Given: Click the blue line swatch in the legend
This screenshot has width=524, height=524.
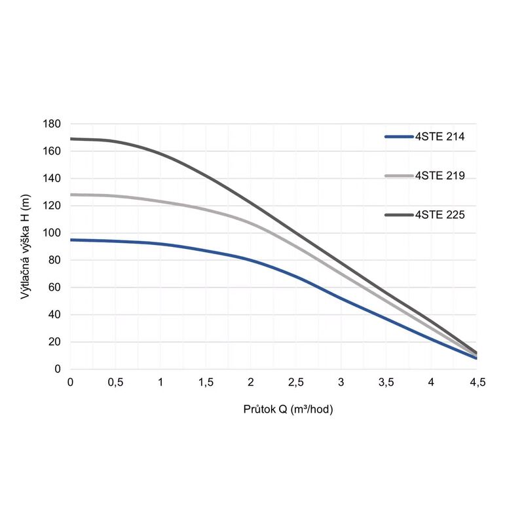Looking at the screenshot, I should pyautogui.click(x=398, y=137).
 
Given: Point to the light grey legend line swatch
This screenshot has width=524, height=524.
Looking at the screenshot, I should pyautogui.click(x=398, y=176).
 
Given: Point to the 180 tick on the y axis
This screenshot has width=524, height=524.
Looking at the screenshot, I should pyautogui.click(x=52, y=124).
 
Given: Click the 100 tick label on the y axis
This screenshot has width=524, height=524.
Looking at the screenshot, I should pyautogui.click(x=52, y=233).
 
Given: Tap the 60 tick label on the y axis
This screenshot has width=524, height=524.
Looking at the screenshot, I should pyautogui.click(x=54, y=287).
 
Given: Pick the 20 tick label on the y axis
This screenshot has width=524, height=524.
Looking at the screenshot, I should pyautogui.click(x=54, y=341).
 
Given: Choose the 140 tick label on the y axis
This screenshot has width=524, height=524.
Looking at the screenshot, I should pyautogui.click(x=52, y=178).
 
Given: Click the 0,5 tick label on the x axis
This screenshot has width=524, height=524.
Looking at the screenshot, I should pyautogui.click(x=115, y=383).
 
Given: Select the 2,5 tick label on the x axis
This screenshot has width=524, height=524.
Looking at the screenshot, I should pyautogui.click(x=296, y=383).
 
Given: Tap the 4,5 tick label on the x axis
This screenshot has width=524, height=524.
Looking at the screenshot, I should pyautogui.click(x=476, y=383).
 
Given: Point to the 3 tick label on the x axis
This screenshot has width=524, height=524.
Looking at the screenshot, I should pyautogui.click(x=341, y=383).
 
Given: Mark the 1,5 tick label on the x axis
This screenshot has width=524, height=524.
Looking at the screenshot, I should pyautogui.click(x=206, y=383).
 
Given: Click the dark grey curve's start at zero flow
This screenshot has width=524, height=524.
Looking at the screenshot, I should pyautogui.click(x=71, y=139).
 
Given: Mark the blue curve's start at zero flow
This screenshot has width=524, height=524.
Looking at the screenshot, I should pyautogui.click(x=71, y=240).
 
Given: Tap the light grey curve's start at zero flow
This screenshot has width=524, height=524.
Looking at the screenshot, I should pyautogui.click(x=71, y=195).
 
